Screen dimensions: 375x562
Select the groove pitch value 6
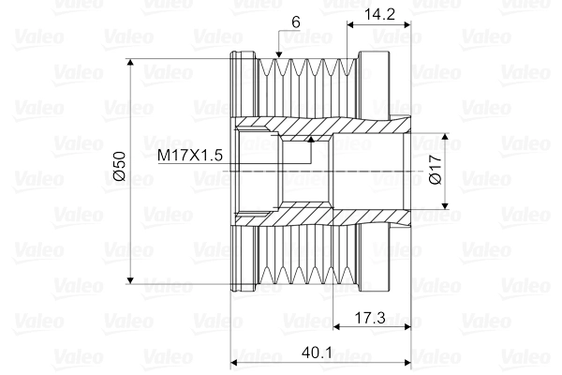click(x=296, y=21)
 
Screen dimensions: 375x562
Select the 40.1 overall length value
click(x=318, y=354)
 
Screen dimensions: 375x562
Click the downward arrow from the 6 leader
click(x=278, y=57)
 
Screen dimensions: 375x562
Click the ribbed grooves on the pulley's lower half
click(x=300, y=258)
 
